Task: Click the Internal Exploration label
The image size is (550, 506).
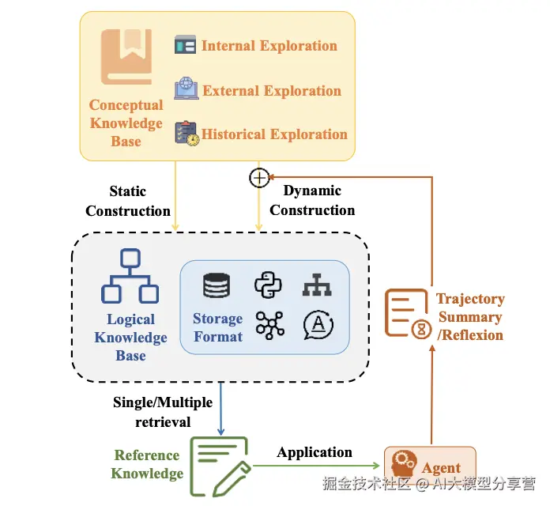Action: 269,46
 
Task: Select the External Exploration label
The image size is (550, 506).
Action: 271,90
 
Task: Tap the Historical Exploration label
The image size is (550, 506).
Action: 274,134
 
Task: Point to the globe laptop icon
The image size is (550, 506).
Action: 186,88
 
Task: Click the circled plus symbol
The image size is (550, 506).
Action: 258,178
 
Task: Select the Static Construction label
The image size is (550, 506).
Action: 128,201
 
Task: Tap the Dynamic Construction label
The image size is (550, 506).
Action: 312,200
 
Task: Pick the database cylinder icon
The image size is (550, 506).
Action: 217,285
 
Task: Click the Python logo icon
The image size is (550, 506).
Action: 268,285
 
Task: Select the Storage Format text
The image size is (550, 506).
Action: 217,327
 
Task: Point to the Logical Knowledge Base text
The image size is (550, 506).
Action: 130,338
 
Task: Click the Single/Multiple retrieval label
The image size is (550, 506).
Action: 163,412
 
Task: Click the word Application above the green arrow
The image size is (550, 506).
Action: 315,452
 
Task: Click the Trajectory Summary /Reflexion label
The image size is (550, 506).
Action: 470,317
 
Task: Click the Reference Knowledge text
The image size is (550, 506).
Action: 148,464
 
